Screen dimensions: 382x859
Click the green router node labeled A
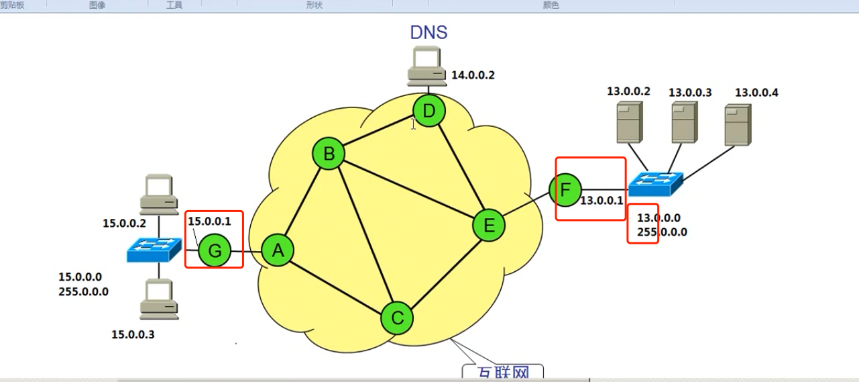(278, 251)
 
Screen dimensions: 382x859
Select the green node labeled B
(329, 154)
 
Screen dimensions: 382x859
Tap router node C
(398, 318)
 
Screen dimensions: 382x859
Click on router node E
(489, 225)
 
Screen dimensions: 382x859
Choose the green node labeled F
(565, 190)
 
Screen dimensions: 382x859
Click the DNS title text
(428, 32)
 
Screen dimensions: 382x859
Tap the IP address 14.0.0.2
(473, 75)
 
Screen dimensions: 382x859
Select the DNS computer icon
(427, 68)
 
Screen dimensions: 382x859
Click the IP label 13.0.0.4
(756, 92)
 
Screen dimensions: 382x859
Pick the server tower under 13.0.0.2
(629, 122)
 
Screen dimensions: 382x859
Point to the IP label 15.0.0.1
(209, 220)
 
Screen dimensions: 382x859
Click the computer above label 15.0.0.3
(159, 299)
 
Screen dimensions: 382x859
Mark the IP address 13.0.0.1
(602, 200)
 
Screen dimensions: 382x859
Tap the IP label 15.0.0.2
(124, 223)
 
